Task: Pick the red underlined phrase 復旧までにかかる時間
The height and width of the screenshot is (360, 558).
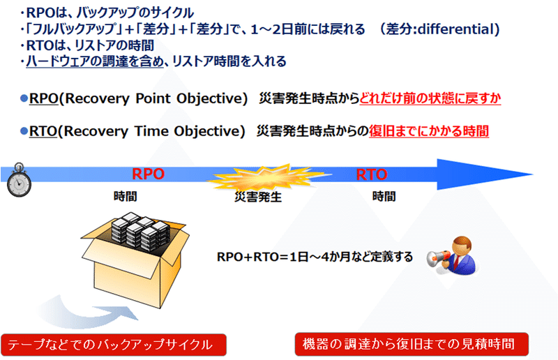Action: point(428,130)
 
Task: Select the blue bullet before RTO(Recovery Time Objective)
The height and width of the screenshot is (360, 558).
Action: point(23,130)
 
